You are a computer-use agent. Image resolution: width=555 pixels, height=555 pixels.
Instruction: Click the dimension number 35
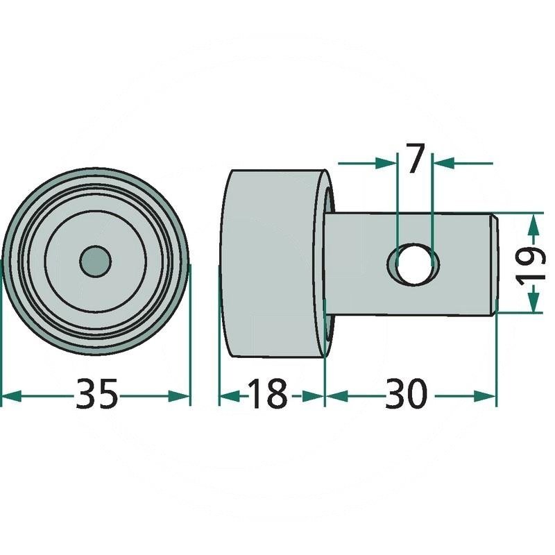96,393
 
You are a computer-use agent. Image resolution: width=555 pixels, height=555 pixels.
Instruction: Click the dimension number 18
267,393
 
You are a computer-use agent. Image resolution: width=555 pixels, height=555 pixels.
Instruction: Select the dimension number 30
407,393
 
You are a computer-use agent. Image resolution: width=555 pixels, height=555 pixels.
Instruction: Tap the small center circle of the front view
95,262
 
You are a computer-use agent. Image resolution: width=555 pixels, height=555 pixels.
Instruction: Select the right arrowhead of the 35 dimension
179,396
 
